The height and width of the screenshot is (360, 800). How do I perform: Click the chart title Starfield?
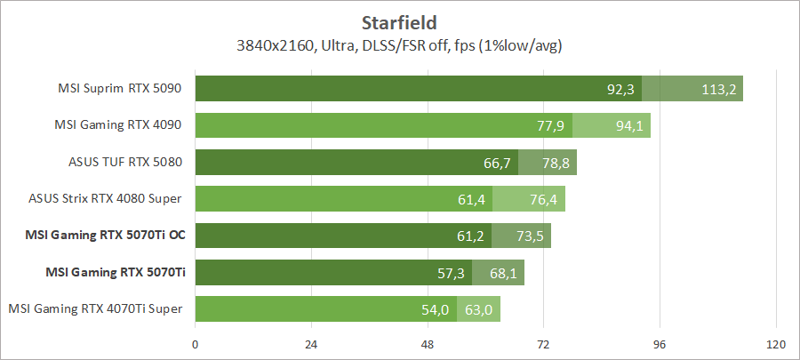[x=400, y=20]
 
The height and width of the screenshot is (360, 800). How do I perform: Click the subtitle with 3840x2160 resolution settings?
[x=400, y=44]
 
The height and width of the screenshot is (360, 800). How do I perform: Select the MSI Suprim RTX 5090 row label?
[x=121, y=89]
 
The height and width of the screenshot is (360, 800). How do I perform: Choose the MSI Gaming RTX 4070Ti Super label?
[x=96, y=308]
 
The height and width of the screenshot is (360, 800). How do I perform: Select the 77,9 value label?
[x=551, y=125]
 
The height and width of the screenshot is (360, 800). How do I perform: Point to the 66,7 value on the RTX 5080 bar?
[x=497, y=163]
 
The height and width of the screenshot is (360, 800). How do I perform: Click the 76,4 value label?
[x=542, y=199]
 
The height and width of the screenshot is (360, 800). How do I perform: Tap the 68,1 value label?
[x=502, y=272]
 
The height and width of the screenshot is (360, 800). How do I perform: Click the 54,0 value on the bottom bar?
[x=436, y=309]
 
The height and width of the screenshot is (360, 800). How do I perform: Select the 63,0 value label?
[x=478, y=309]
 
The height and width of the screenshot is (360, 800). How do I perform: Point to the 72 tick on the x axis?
[x=543, y=344]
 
